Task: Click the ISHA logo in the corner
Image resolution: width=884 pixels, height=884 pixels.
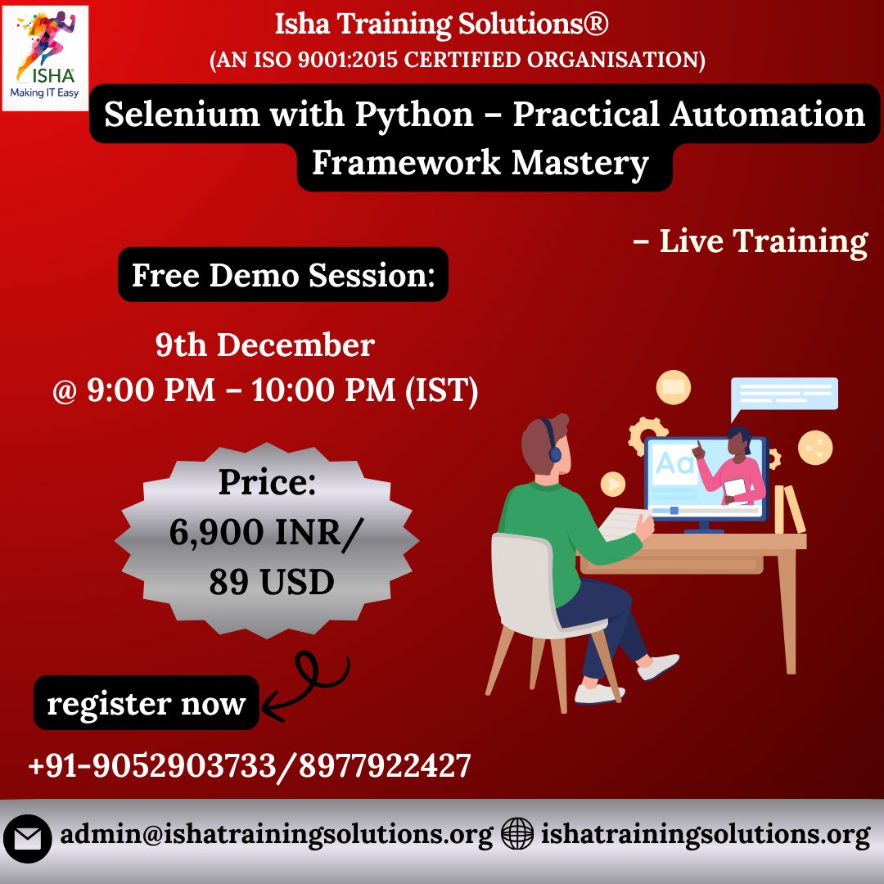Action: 45,57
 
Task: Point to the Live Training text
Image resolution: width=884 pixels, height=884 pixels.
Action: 751,242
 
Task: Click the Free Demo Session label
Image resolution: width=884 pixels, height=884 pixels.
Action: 283,275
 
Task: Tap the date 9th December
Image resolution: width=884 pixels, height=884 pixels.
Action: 265,345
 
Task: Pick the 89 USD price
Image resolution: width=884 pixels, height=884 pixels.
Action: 271,582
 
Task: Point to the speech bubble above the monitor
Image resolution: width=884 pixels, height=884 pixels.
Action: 783,395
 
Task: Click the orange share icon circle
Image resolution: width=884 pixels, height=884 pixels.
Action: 815,448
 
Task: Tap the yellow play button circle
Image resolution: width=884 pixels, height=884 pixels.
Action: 613,484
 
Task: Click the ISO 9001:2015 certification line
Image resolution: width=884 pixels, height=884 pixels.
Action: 458,61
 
